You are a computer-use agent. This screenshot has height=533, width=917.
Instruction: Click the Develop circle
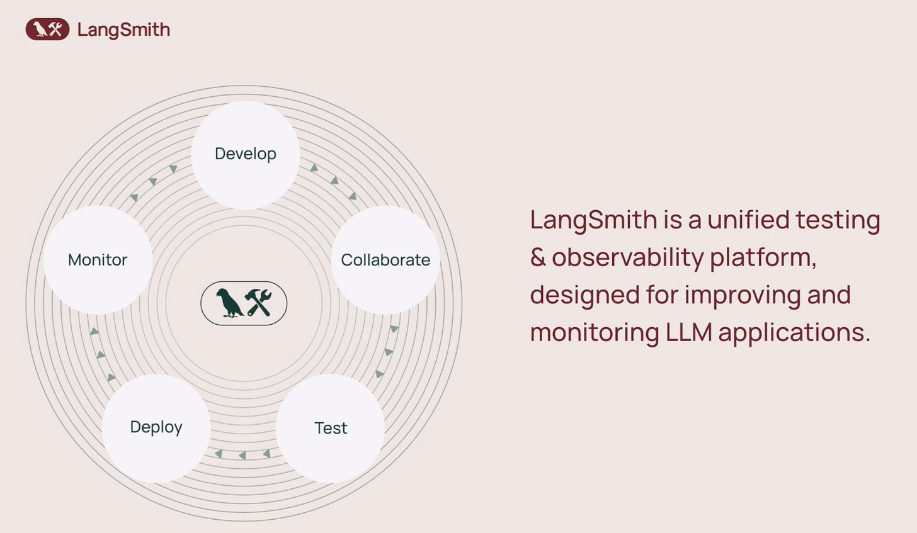click(x=246, y=154)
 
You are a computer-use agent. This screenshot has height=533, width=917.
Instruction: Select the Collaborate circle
click(x=385, y=260)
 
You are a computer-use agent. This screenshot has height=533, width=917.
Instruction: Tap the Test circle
click(x=331, y=428)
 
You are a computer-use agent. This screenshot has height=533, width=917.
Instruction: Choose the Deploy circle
click(x=156, y=427)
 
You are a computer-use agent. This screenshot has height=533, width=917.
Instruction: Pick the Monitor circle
click(x=98, y=260)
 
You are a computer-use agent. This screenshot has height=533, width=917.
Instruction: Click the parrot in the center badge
click(x=229, y=303)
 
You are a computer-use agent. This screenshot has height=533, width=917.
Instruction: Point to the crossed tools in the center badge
click(x=258, y=303)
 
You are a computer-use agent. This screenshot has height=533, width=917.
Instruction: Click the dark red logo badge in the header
click(x=47, y=30)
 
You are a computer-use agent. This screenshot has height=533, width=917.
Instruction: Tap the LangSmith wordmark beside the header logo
click(x=123, y=30)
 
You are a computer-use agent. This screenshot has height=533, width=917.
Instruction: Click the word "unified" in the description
click(x=748, y=220)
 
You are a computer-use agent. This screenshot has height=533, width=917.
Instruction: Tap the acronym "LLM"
click(x=688, y=332)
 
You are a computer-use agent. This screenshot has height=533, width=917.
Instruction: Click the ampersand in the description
click(x=538, y=257)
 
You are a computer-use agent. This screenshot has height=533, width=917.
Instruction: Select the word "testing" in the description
click(x=838, y=221)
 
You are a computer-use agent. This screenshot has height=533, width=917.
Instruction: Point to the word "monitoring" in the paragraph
click(x=594, y=332)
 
